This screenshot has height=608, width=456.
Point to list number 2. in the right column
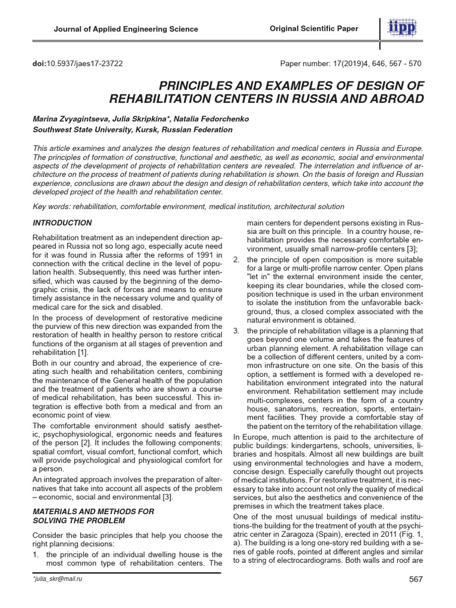[x=236, y=259]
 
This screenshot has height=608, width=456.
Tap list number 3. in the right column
[x=236, y=330]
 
